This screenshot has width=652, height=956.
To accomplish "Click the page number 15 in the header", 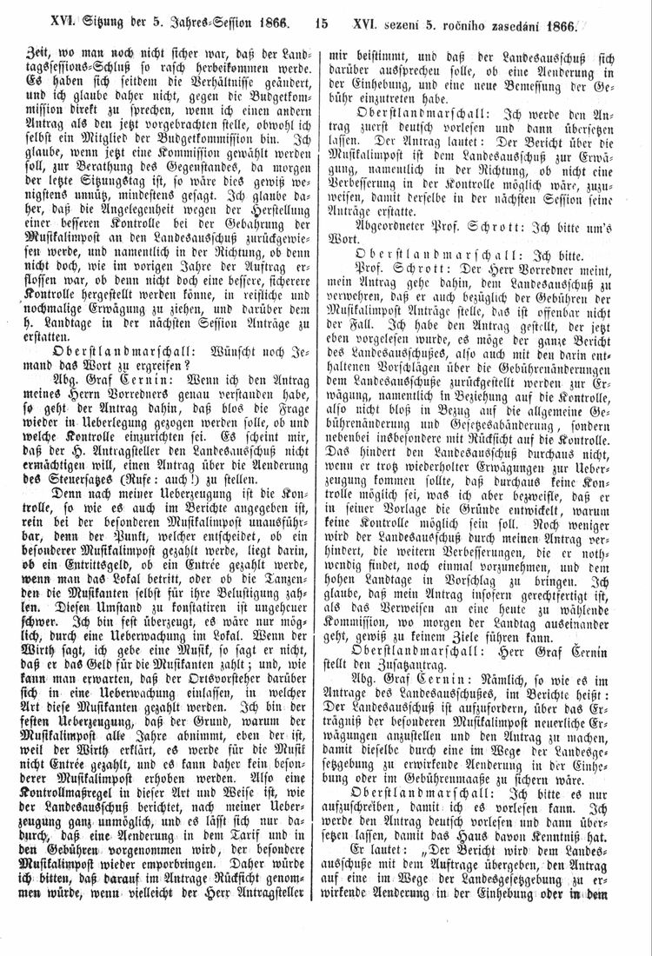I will [x=322, y=24].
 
